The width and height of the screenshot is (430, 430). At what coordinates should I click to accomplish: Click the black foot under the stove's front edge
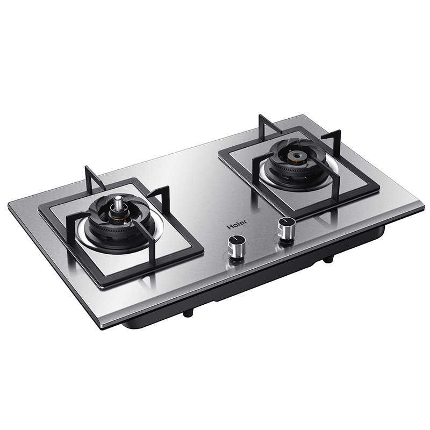click(x=188, y=312)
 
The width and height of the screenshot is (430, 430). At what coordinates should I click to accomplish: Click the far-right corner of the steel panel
click(x=422, y=209)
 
